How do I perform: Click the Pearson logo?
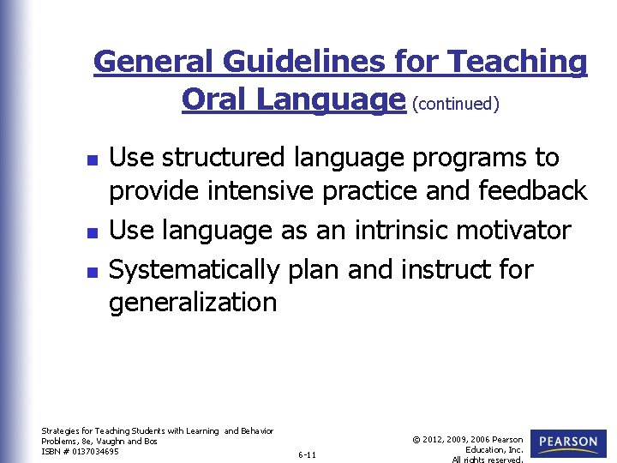coord(568,443)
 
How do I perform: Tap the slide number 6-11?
coord(307,454)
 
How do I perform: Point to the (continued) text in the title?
coord(456,103)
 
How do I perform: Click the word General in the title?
coord(153,62)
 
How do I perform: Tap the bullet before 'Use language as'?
coord(94,232)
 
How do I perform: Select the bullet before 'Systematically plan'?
coord(94,272)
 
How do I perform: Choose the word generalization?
coord(193,302)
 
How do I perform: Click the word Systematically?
coord(195,270)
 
